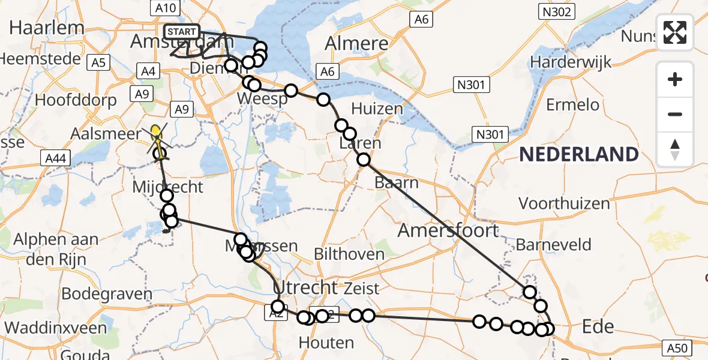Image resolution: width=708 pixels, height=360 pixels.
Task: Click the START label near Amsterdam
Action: (x=180, y=32)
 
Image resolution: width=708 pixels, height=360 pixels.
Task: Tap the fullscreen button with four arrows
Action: (x=675, y=32)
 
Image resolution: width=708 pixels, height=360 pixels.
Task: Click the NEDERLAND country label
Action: (x=578, y=154)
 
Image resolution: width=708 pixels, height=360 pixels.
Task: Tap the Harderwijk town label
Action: (x=570, y=62)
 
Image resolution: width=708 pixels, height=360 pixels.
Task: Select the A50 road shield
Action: (x=678, y=347)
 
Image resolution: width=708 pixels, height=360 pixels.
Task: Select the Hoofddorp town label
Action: (x=76, y=100)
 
